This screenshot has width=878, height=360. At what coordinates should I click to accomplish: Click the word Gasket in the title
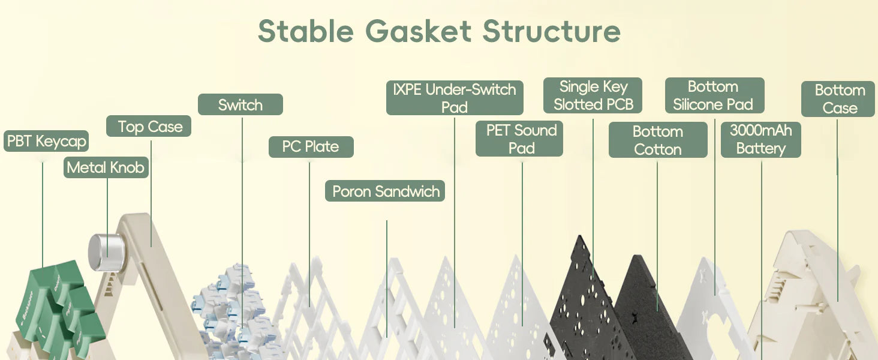coord(418,31)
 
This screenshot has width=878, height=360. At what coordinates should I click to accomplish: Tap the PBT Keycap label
coord(46,141)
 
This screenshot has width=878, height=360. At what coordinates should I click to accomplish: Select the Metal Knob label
coord(106,167)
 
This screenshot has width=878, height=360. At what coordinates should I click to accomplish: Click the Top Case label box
coord(149,126)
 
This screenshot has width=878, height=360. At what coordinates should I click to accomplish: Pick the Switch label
coord(240,104)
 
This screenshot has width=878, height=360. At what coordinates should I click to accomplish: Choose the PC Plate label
coord(311,146)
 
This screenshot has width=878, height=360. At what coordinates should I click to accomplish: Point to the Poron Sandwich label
coord(385,191)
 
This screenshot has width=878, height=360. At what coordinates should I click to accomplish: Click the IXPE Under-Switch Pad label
coord(455,98)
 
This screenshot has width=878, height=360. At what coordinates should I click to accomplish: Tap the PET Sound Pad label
coord(519,139)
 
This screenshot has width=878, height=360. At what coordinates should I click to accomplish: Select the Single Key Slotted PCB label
coord(593,95)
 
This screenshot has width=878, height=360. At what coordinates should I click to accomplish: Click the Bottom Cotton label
coord(658,140)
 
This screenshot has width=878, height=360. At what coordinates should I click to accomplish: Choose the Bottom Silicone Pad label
coord(715,95)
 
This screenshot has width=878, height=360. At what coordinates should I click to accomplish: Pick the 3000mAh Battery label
coord(761,140)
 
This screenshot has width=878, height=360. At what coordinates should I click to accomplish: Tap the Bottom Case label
coord(838,99)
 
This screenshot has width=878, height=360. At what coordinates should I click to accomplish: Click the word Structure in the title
coord(552,31)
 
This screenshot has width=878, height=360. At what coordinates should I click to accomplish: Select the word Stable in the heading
coord(306,31)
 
